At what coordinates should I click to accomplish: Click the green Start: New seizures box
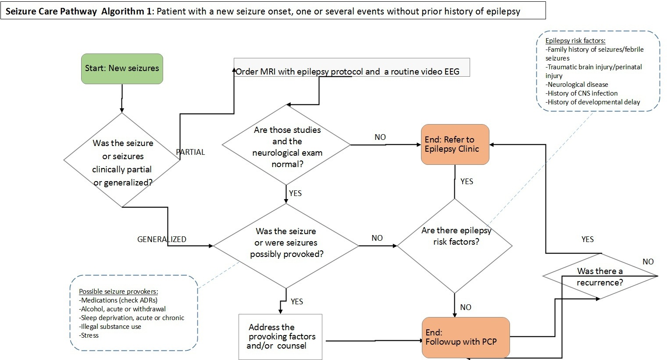click(122, 68)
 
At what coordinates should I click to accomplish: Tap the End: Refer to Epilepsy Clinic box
click(455, 144)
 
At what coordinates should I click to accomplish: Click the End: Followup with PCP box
click(466, 337)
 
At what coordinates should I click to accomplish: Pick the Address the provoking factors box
click(281, 337)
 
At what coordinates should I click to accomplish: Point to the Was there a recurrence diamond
click(600, 277)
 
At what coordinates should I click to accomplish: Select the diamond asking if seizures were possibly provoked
click(286, 243)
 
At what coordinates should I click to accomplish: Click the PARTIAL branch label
click(190, 152)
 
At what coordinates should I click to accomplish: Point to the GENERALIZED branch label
click(162, 239)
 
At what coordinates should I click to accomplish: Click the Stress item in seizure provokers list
click(89, 335)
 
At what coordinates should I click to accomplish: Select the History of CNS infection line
click(581, 93)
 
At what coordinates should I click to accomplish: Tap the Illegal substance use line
click(111, 327)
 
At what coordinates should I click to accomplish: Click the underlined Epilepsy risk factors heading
click(575, 41)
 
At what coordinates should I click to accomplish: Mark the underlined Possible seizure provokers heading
click(118, 292)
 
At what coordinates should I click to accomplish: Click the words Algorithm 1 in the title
click(125, 11)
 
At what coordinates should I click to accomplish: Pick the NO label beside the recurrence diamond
click(648, 262)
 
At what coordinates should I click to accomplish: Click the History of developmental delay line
click(593, 102)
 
